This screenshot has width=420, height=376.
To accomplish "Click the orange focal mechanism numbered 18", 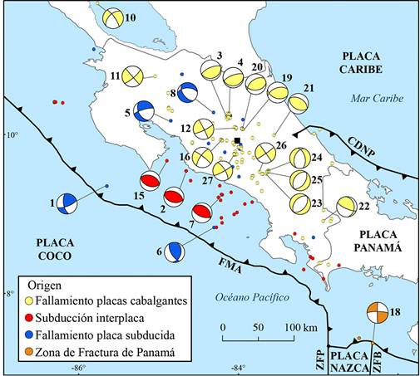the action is click(377, 313).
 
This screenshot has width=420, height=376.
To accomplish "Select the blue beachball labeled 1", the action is click(67, 203).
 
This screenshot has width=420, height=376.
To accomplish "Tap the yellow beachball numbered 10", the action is click(112, 17).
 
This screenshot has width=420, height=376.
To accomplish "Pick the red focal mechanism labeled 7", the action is click(202, 213).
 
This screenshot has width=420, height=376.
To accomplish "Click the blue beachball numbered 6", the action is click(174, 251).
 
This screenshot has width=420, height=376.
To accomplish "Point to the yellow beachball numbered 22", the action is click(347, 207).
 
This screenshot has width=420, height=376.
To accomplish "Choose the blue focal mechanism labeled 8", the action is click(188, 93).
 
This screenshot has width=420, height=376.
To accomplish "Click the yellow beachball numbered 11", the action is click(133, 76).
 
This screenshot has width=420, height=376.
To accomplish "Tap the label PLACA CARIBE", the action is click(361, 62).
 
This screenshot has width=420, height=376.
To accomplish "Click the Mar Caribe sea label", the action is click(377, 98).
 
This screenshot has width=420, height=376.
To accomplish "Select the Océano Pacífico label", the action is click(252, 297).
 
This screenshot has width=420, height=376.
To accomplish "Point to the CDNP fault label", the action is click(361, 147).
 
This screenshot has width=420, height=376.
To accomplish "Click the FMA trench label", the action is click(230, 266).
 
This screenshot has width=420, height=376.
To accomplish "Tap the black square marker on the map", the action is click(237, 140).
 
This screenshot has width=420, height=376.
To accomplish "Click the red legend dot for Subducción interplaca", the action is click(29, 318).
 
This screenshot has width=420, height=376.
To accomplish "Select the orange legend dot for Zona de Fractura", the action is click(29, 352).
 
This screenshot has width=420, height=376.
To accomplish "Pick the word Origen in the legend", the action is click(45, 286).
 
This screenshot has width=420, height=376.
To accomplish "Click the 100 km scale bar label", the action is click(301, 328).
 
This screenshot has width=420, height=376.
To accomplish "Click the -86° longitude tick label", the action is click(78, 369).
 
